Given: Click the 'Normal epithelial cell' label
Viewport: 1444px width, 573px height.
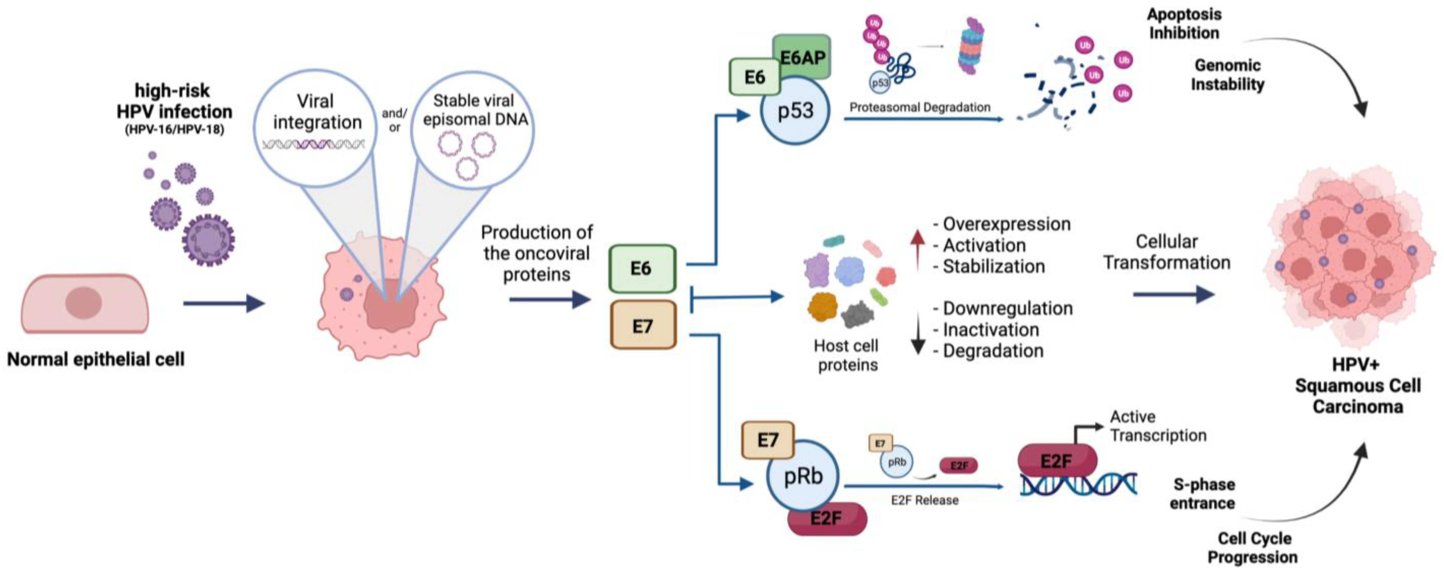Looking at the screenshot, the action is [96, 359].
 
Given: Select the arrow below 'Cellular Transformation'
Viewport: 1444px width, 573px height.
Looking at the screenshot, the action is [1174, 294].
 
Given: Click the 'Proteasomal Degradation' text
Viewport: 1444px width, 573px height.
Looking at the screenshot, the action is [920, 107].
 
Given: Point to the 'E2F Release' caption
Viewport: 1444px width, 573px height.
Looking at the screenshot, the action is [924, 500].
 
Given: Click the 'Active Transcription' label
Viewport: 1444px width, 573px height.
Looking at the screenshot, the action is [1158, 426].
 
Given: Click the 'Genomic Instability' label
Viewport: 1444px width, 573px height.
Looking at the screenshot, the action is [1228, 75].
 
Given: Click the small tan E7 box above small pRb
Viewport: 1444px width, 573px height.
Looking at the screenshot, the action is [880, 443].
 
